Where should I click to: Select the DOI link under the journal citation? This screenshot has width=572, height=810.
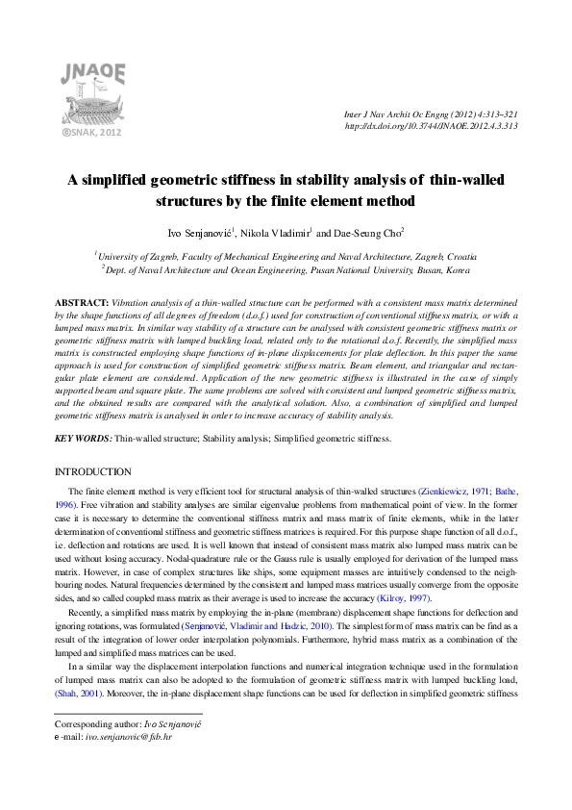431,126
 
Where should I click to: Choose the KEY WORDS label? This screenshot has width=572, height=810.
83,439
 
